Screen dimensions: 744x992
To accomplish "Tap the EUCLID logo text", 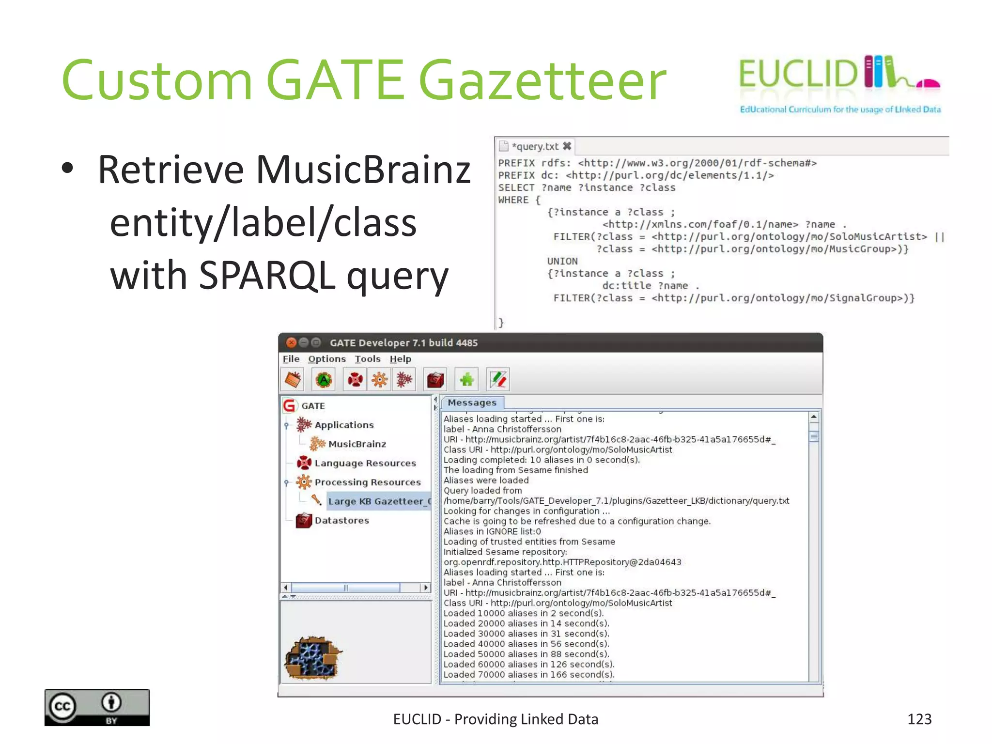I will click(x=798, y=74).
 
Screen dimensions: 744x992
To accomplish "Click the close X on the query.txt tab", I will click(x=567, y=146).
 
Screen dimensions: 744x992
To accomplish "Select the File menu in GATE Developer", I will click(x=291, y=359).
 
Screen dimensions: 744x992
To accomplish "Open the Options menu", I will click(x=327, y=359).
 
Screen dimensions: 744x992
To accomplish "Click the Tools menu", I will click(x=367, y=359).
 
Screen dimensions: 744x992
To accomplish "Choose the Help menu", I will click(x=400, y=359).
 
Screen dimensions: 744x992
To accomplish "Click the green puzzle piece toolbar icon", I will click(x=466, y=380).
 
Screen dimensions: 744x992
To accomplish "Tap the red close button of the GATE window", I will click(x=291, y=343).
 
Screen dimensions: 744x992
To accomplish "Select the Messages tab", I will click(x=472, y=403).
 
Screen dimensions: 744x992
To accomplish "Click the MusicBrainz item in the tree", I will click(x=357, y=444).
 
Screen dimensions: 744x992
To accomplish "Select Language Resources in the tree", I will click(x=365, y=463).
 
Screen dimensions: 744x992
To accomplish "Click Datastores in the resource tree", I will click(x=341, y=520).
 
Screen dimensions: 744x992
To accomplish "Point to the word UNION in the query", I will click(x=562, y=261).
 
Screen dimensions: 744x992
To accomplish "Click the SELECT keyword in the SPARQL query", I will click(x=516, y=188).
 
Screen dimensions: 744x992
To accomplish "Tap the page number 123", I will click(x=919, y=719).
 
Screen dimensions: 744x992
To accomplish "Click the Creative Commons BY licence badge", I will click(x=97, y=707).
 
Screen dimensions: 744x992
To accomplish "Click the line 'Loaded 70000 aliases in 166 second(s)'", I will click(x=529, y=674).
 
